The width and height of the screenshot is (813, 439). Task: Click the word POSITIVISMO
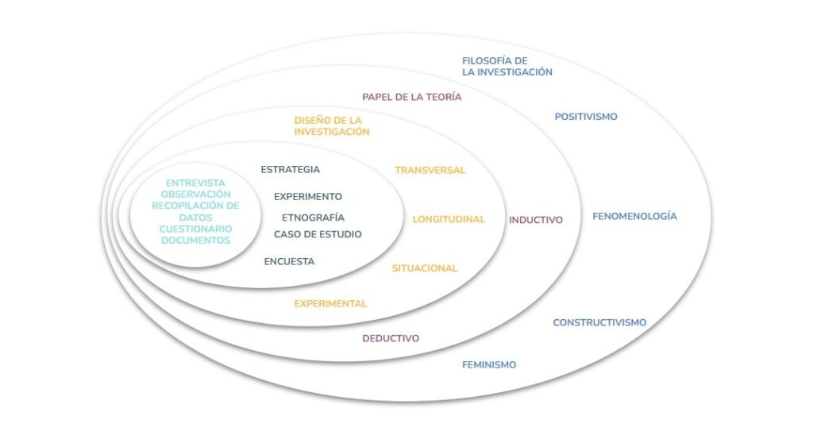pos(586,117)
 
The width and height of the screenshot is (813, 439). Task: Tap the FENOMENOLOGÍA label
pos(634,216)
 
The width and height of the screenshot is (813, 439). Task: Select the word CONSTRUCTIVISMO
pos(599,322)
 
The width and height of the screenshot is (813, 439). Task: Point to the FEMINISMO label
pos(489,364)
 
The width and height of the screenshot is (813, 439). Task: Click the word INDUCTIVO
pos(536,220)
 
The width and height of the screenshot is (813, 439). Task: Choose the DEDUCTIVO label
pos(391,338)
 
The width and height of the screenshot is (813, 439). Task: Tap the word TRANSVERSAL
pos(430,170)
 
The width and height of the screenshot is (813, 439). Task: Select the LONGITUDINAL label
pos(449,219)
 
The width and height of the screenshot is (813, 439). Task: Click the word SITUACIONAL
pos(425,268)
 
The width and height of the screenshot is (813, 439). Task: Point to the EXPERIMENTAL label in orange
pos(330,303)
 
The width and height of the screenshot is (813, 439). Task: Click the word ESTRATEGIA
pos(291,169)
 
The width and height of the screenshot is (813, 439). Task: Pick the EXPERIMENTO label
pos(308,196)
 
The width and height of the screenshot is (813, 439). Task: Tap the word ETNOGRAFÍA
pos(313,217)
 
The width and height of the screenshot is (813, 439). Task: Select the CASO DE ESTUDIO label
pos(318,234)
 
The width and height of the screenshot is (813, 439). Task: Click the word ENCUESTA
pos(289,261)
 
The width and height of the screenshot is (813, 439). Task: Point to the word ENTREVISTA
pos(195,183)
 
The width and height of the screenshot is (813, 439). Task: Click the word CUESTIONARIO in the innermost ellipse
pos(195,229)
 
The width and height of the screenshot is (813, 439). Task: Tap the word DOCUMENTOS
pos(195,240)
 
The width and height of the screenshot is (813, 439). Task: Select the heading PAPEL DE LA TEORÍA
pos(412,97)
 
